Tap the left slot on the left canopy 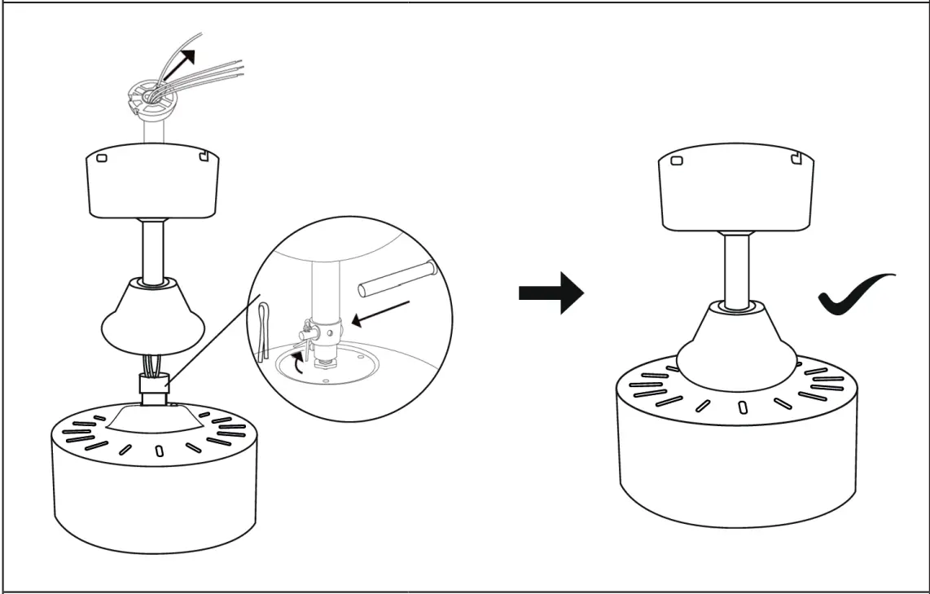pos(102,159)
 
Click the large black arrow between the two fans pos(551,293)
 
